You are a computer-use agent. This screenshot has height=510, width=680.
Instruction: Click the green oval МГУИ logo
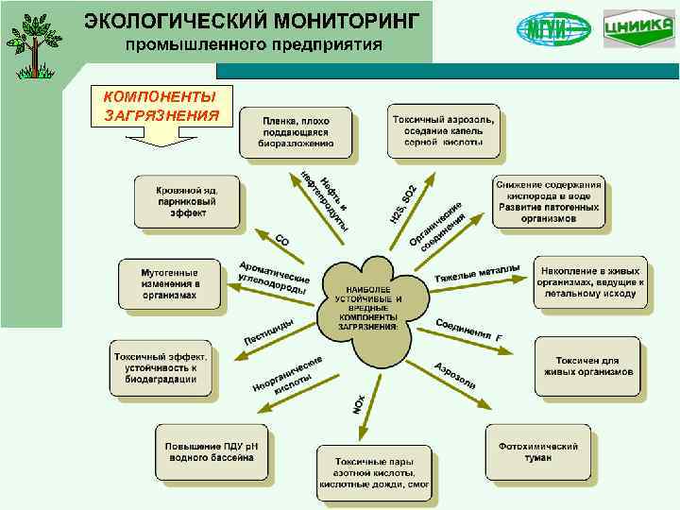coord(552,28)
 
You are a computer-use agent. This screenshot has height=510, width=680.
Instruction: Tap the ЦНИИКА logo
coord(637,28)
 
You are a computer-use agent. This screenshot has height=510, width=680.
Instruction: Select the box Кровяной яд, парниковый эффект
coord(186,201)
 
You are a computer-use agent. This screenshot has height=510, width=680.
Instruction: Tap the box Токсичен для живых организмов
coord(587,365)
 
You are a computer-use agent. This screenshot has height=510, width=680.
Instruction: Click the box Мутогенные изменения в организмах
coord(169,282)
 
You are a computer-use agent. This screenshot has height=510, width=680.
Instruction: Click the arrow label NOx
coord(358,402)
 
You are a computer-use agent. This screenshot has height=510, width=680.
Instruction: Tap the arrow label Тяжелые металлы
coord(477,273)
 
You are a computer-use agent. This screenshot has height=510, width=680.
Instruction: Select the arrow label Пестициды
coord(268,331)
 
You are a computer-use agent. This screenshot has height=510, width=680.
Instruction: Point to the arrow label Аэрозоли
coord(454,377)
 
